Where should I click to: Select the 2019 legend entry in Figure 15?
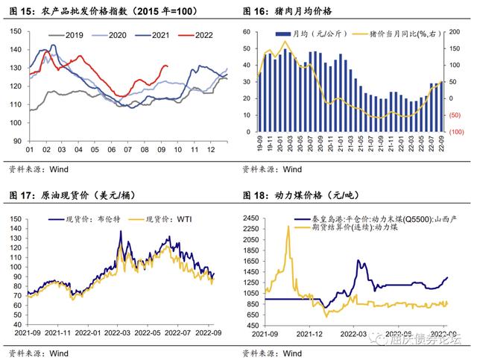[69, 35]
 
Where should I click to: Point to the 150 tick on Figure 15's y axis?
[16, 31]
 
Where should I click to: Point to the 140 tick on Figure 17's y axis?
[16, 219]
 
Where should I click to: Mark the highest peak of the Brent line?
[121, 231]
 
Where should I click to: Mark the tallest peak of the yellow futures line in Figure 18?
[288, 227]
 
